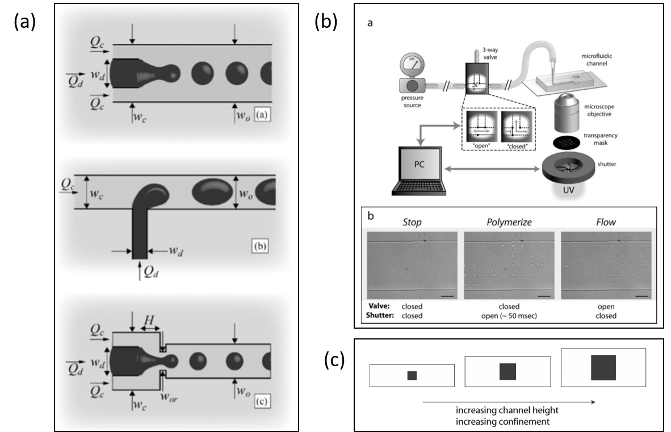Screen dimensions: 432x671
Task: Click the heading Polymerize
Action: pyautogui.click(x=509, y=222)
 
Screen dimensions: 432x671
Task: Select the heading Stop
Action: pyautogui.click(x=412, y=222)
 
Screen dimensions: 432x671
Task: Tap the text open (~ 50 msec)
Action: pyautogui.click(x=509, y=316)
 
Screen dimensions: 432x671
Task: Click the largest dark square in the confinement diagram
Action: pyautogui.click(x=603, y=367)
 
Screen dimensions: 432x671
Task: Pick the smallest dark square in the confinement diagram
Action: pyautogui.click(x=412, y=375)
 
